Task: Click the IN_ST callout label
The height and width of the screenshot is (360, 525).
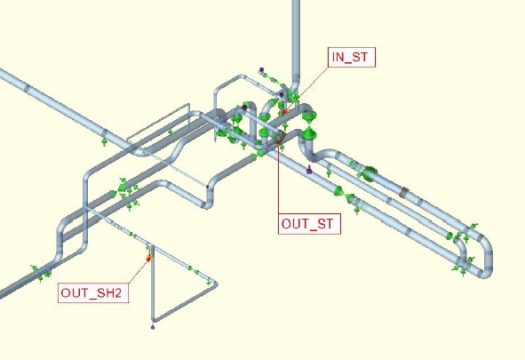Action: [352, 57]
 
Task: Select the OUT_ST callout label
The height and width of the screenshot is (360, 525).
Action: [309, 224]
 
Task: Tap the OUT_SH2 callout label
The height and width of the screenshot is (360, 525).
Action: [93, 293]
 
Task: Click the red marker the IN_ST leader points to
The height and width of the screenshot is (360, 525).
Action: [284, 111]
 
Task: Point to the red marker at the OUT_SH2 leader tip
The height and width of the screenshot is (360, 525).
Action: [149, 258]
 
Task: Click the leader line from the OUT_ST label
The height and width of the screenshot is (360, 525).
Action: [278, 178]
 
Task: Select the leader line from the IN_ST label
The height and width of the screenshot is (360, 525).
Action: [307, 89]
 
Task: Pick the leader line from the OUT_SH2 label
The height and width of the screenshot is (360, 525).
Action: [139, 270]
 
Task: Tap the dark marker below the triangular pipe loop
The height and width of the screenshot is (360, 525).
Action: [153, 327]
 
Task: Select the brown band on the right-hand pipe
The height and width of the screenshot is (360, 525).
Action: [404, 192]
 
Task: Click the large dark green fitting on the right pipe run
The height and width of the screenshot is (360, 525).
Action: [370, 174]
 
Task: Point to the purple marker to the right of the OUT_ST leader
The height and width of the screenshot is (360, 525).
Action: [309, 170]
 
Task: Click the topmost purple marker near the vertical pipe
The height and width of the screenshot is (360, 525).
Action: [261, 70]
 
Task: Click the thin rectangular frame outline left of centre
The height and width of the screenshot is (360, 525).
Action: [158, 123]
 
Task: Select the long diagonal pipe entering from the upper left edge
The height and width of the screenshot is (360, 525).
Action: [67, 110]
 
